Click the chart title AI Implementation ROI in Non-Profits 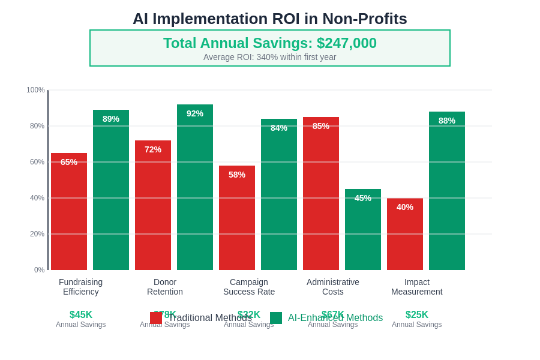269,19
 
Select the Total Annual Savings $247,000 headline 269,43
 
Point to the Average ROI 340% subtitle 269,57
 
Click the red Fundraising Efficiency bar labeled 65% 69,216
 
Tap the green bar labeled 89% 111,192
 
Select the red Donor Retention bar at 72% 153,207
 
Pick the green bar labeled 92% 195,189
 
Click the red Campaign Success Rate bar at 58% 237,219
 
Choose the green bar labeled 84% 279,195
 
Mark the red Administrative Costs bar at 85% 321,195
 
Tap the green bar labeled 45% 363,231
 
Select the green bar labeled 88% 447,192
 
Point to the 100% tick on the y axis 35,90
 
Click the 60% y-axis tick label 37,162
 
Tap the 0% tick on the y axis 39,270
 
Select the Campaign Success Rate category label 249,287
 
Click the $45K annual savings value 81,315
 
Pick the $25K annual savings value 417,315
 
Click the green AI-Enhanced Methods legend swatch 276,318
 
